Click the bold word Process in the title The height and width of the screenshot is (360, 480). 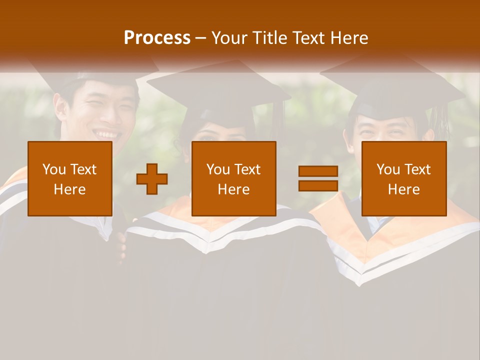click(x=157, y=38)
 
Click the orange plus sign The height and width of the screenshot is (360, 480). click(x=152, y=179)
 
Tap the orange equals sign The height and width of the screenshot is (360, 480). click(x=318, y=178)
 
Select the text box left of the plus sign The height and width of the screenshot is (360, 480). click(x=70, y=178)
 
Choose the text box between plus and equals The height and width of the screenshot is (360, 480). click(x=233, y=178)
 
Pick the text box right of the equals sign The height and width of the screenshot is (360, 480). click(x=403, y=178)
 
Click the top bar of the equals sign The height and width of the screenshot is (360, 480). click(x=318, y=171)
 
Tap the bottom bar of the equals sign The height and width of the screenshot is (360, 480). click(x=318, y=185)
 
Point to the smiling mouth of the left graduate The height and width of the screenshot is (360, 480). click(x=107, y=134)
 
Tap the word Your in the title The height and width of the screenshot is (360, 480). click(x=229, y=38)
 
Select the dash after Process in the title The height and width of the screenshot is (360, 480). click(x=201, y=38)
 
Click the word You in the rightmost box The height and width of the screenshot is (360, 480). click(x=387, y=169)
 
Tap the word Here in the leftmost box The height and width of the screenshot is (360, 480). click(x=70, y=189)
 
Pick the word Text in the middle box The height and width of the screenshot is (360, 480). click(x=247, y=169)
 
